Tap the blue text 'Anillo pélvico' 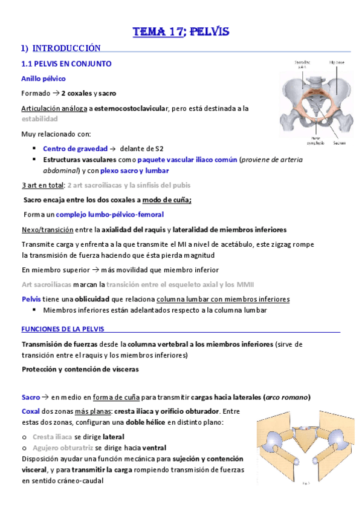(44, 79)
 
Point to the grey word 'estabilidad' (40, 119)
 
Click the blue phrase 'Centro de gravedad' (75, 148)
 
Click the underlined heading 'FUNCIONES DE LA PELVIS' (62, 329)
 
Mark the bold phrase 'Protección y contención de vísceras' (80, 369)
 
